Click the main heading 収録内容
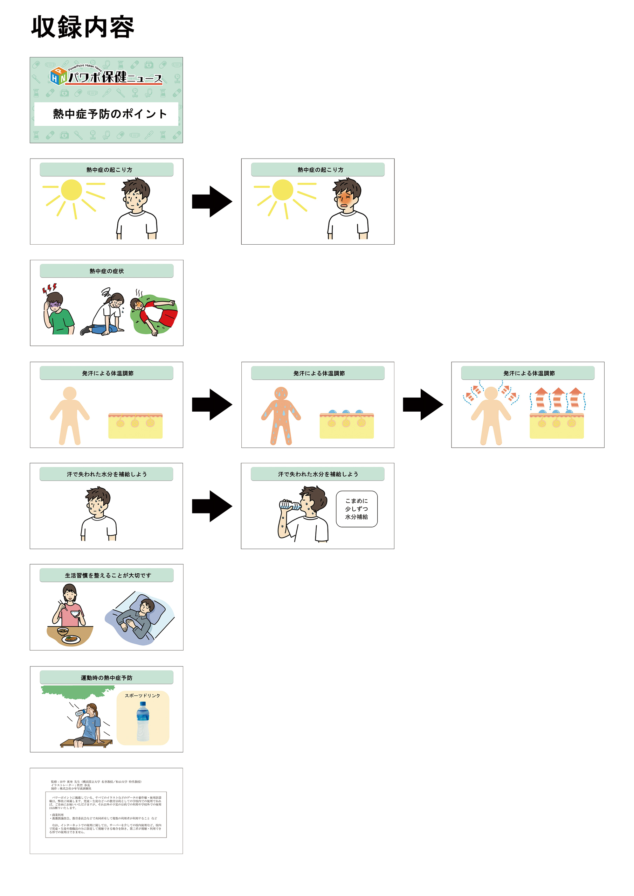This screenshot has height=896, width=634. (82, 27)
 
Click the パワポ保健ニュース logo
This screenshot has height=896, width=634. (106, 76)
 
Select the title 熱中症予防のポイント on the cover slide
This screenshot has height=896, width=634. (110, 114)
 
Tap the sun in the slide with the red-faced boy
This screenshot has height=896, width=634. (283, 190)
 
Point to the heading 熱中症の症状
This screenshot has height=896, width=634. (106, 271)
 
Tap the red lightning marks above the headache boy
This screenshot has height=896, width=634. (49, 288)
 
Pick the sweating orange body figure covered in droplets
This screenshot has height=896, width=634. (281, 415)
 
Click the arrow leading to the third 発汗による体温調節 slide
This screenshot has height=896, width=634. (423, 405)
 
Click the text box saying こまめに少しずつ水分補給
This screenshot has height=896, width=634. (356, 509)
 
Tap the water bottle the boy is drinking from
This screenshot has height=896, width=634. (289, 505)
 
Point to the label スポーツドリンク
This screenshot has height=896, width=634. (142, 695)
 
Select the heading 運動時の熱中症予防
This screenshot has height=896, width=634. (106, 678)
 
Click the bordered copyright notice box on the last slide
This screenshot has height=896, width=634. (106, 814)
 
